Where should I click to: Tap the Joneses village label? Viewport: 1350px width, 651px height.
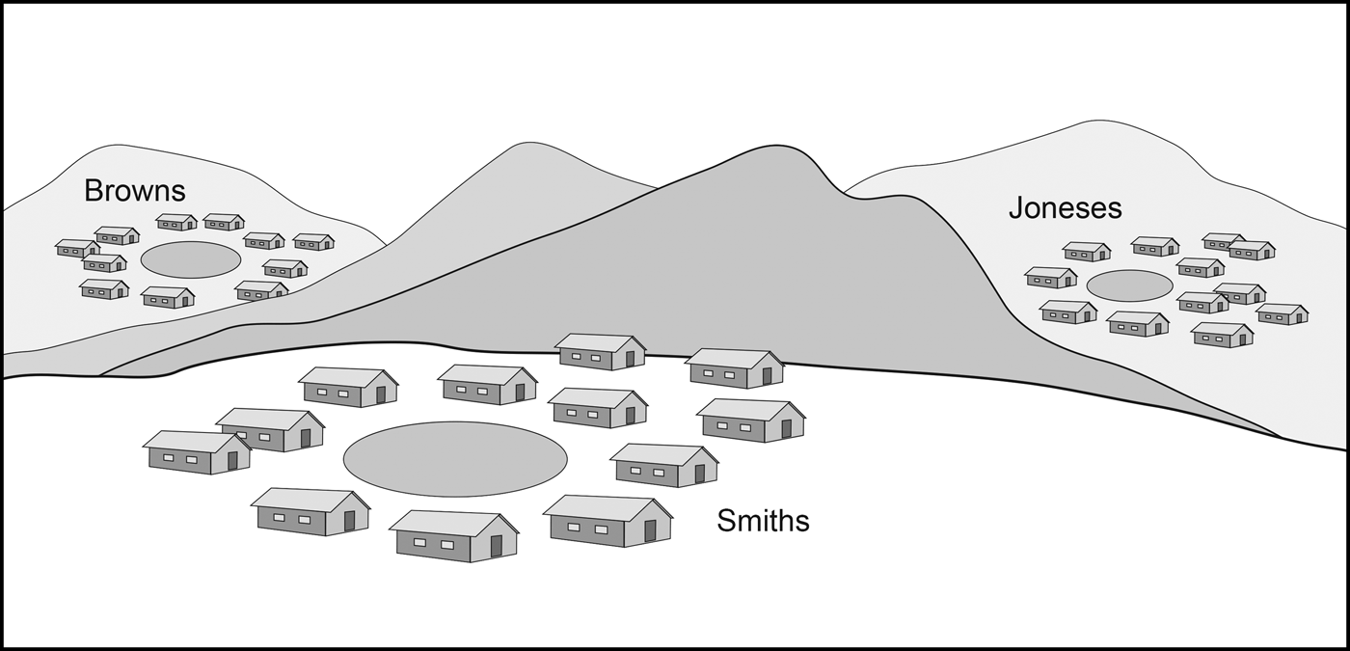coord(1065,207)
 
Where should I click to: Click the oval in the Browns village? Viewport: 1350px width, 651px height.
coord(191,259)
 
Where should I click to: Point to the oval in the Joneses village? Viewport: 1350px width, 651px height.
coord(1129,285)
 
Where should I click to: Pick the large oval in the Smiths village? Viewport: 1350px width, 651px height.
coord(455,459)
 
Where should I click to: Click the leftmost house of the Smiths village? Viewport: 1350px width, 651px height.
coord(196,452)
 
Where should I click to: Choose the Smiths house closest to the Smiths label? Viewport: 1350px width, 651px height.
coord(607,521)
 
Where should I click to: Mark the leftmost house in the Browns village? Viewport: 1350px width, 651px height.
coord(77,248)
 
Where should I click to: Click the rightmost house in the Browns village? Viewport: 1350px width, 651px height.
coord(313,241)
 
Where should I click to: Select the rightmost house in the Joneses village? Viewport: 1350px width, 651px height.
coord(1282,314)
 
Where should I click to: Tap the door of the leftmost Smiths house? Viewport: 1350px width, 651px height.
coord(232,461)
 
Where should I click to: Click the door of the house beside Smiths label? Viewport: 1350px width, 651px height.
coord(650,530)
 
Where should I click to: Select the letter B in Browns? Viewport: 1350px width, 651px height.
coord(94,190)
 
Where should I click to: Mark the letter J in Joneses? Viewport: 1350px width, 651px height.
coord(1016,207)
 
